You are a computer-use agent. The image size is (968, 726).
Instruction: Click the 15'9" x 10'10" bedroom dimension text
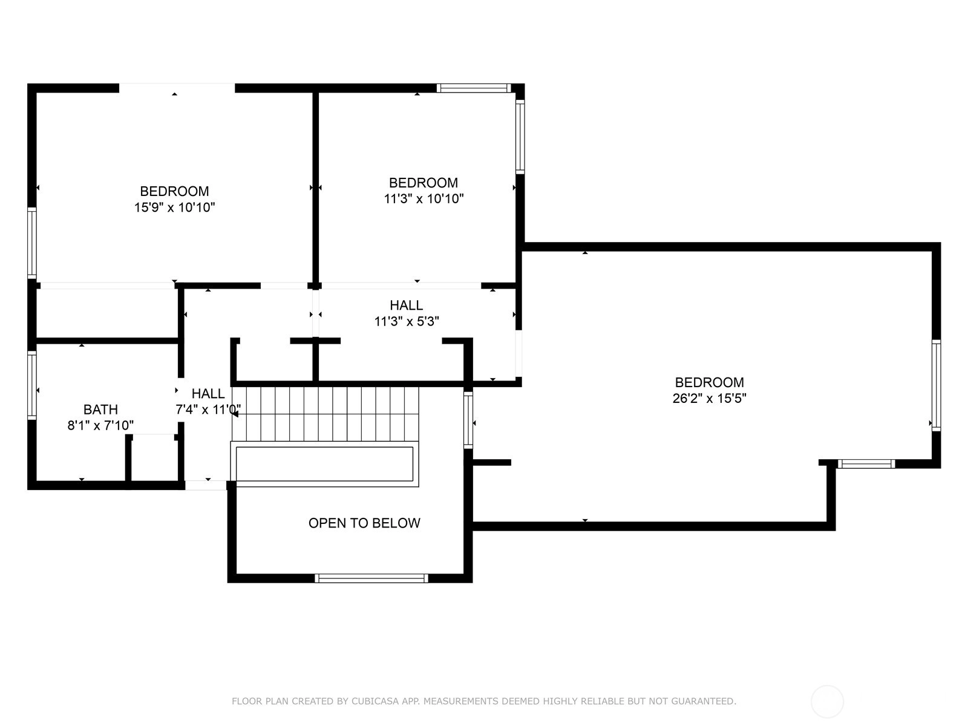pos(174,207)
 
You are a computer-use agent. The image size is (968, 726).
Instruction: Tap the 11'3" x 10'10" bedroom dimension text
pos(423,199)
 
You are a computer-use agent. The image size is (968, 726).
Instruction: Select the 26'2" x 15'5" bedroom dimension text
pos(709,399)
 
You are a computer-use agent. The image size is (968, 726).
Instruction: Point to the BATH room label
pos(100,410)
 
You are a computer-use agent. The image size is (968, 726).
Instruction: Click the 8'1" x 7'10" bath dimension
pos(100,425)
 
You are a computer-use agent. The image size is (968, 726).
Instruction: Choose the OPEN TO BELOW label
pos(364,523)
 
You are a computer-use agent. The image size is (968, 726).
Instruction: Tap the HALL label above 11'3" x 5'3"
pos(406,305)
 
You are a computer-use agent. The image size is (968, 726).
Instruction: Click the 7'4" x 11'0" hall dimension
pos(208,410)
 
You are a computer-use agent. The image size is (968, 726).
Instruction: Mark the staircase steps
pos(325,413)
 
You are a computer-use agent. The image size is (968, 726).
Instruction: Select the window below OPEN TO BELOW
pos(371,578)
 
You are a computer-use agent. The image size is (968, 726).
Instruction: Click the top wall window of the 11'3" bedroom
pos(474,88)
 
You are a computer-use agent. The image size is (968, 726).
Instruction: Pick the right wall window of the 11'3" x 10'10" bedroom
pos(520,137)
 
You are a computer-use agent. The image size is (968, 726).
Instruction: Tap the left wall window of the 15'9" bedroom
pos(31,243)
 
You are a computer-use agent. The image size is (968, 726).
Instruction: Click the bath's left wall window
pos(31,385)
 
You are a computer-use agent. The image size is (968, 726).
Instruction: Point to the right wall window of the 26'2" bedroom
pos(937,385)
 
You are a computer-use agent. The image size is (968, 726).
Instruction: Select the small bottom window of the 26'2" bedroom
pos(866,463)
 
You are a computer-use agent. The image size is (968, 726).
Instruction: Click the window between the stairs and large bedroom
pos(468,420)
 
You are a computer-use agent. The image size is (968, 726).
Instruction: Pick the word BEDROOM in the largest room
pos(709,382)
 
